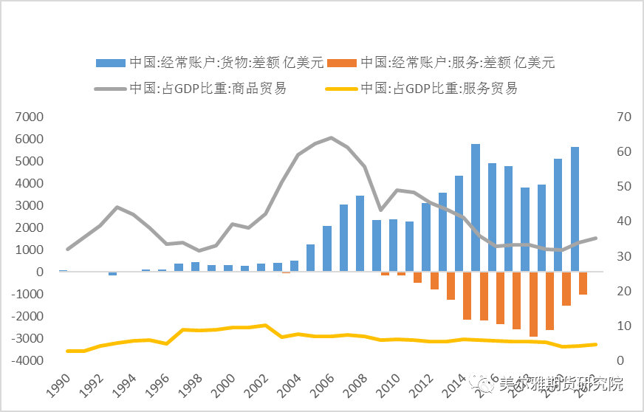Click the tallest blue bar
476,207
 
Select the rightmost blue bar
575,209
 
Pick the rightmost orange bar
583,284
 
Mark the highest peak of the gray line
331,138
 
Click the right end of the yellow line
597,344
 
